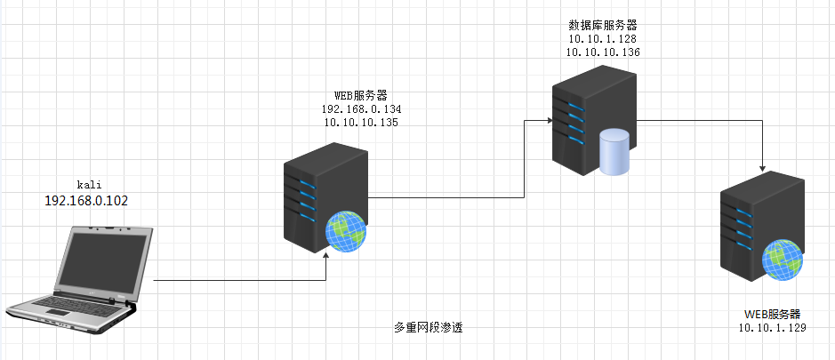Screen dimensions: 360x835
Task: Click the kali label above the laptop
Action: tap(86, 184)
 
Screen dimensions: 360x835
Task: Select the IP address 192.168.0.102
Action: tap(86, 201)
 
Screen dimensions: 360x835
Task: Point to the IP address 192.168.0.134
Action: tap(362, 109)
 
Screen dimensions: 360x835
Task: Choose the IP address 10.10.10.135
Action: tap(360, 123)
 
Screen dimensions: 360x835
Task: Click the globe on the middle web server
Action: tap(345, 231)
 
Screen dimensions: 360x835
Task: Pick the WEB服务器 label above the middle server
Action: tap(360, 95)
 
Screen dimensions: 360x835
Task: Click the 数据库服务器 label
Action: tap(602, 25)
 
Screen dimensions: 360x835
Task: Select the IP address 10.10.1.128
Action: tap(602, 39)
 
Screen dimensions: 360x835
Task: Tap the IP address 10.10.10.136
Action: tap(602, 52)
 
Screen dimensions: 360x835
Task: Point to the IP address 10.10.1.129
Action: tap(772, 328)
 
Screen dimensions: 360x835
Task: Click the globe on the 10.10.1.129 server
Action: tap(782, 261)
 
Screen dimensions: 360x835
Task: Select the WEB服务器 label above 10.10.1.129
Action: tap(772, 314)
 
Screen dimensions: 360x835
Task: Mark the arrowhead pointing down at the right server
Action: tap(763, 167)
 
